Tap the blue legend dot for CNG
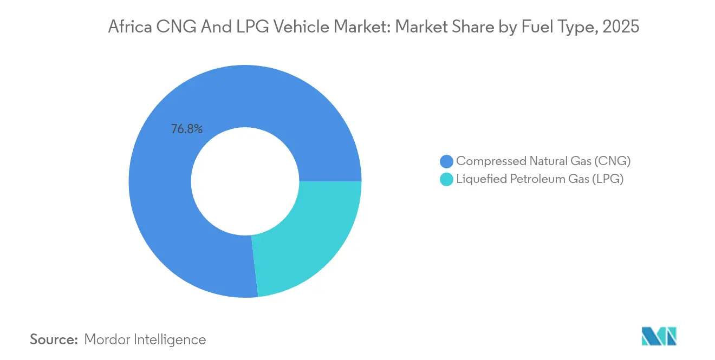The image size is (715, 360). (446, 161)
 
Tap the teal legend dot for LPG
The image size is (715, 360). (446, 180)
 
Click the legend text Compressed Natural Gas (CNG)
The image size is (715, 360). (543, 161)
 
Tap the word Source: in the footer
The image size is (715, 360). (54, 339)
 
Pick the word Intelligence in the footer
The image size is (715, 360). (174, 339)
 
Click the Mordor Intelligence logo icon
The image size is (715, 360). (659, 336)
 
